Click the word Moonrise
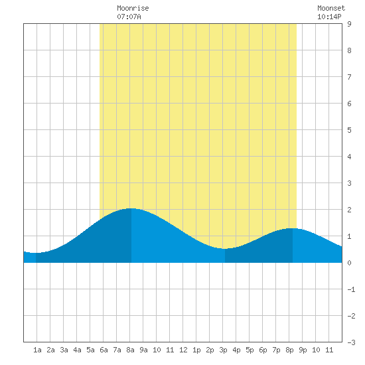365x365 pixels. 133,8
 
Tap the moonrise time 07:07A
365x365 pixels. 129,17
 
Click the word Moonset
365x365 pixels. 331,8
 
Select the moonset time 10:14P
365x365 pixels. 329,17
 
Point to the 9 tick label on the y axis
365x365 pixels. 349,24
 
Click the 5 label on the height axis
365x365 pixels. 349,130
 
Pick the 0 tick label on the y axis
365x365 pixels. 349,263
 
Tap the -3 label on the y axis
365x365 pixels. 351,342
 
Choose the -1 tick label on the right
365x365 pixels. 351,289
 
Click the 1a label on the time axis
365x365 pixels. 37,350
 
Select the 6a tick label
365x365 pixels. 104,350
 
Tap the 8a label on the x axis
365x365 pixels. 130,350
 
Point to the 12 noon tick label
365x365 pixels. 183,350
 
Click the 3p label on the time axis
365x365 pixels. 223,350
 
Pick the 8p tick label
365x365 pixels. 289,350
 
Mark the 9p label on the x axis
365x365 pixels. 303,350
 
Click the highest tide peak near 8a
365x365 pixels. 131,208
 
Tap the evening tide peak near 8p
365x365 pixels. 293,228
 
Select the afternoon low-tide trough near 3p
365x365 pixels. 224,249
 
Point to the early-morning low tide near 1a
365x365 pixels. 36,253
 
